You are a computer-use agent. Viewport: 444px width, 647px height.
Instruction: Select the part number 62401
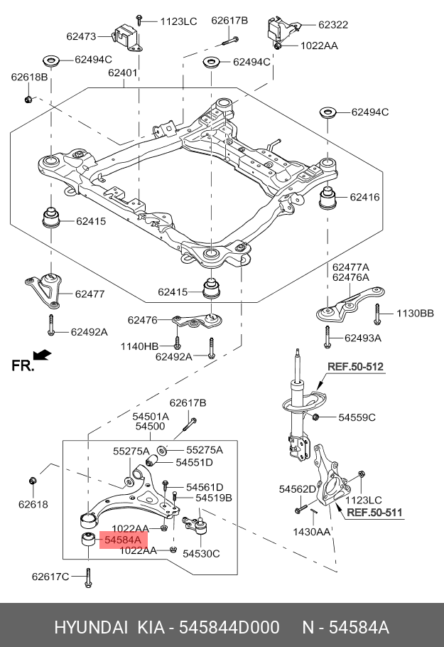pos(123,73)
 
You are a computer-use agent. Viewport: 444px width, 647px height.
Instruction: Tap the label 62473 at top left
pos(81,36)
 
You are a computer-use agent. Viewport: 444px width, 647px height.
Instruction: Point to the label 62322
pos(333,24)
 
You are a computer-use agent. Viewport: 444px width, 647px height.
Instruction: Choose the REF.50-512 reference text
pos(355,367)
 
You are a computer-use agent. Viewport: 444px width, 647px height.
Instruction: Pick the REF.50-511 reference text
pos(374,512)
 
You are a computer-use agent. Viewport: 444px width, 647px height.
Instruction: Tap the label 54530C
pos(201,553)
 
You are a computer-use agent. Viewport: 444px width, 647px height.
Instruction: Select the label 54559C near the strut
pos(357,417)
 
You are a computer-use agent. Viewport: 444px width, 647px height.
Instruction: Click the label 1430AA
pos(312,532)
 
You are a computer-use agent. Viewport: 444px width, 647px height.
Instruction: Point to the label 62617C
pos(50,576)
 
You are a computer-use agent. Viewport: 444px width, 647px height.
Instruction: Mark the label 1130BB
pos(414,313)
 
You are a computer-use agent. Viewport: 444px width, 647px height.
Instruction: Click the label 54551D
pos(194,462)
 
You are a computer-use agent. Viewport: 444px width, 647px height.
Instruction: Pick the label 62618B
pos(29,76)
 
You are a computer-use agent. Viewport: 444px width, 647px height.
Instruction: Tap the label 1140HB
pos(140,346)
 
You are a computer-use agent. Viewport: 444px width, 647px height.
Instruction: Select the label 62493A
pos(363,338)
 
